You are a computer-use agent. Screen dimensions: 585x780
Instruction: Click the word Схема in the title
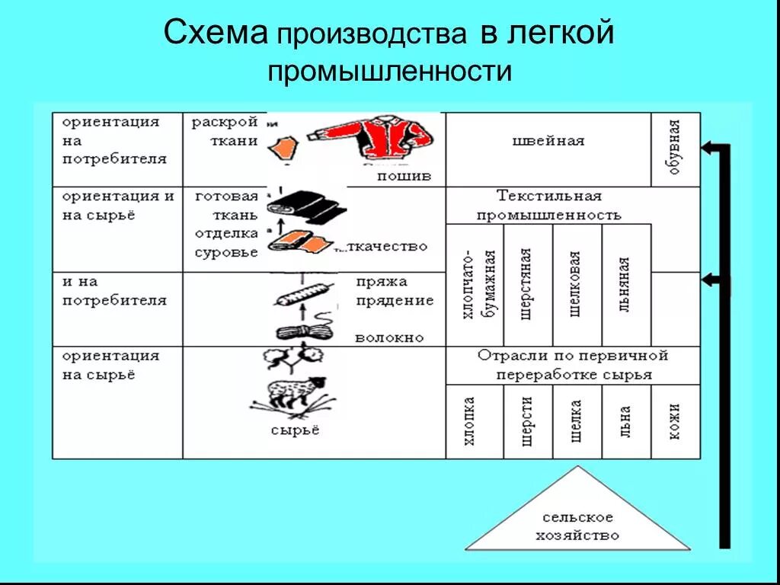(216, 34)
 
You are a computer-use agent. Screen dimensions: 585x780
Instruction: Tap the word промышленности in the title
(388, 72)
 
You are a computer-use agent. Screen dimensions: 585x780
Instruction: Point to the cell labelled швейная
(548, 141)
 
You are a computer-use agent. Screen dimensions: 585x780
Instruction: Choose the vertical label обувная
(676, 149)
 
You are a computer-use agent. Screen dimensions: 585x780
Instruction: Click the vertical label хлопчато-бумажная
(474, 284)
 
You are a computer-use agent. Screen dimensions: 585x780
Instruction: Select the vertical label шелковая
(577, 284)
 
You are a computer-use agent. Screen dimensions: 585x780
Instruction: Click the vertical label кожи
(676, 421)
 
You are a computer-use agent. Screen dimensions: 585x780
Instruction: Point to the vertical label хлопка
(474, 421)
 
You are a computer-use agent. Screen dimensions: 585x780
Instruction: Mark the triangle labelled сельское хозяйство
(578, 518)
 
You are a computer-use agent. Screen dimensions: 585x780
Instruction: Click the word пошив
(404, 177)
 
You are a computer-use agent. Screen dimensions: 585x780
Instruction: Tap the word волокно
(388, 337)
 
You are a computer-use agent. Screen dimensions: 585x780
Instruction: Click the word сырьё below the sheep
(296, 430)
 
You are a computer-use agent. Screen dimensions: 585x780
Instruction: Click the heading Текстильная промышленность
(548, 206)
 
